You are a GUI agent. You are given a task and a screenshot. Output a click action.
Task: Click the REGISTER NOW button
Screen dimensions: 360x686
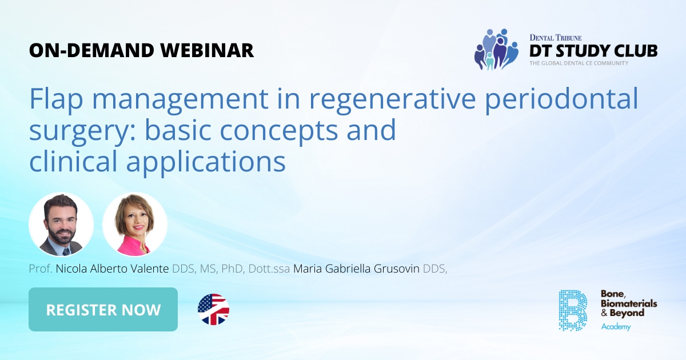[x=103, y=310]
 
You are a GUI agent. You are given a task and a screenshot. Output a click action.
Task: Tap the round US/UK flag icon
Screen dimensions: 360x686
[x=213, y=310]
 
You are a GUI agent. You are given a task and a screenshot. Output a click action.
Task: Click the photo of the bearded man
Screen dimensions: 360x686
[x=61, y=225]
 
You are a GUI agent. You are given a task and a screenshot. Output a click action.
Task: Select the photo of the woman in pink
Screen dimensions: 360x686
[x=135, y=225]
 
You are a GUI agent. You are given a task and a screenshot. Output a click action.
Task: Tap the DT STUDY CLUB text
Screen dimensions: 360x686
[x=593, y=50]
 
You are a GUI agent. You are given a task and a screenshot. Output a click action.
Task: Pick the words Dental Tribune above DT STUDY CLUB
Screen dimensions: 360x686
[x=555, y=37]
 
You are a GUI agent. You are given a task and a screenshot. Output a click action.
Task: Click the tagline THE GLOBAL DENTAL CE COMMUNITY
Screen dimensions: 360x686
[x=579, y=63]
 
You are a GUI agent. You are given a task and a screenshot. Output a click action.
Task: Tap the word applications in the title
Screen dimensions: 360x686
[x=206, y=162]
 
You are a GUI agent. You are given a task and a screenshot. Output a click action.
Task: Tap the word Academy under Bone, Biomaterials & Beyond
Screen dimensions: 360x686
[x=616, y=327]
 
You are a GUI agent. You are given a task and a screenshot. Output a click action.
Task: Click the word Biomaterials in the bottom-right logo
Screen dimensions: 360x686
[x=629, y=303]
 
